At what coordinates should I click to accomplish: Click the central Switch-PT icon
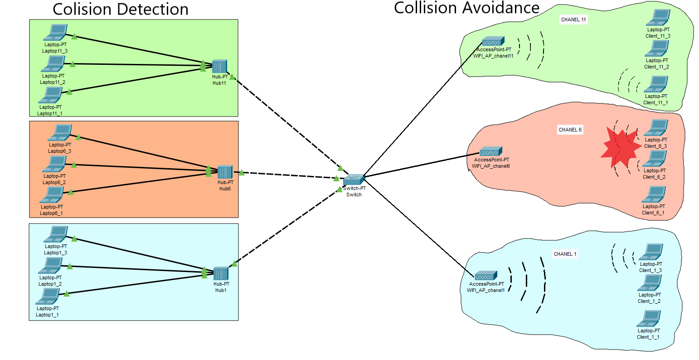(354, 179)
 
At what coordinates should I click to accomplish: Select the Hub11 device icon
(219, 67)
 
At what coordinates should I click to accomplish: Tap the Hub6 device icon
(225, 172)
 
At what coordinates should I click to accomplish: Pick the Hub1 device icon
(221, 274)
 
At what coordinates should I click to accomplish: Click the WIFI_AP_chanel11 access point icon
(493, 42)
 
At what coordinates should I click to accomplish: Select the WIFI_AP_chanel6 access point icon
(491, 151)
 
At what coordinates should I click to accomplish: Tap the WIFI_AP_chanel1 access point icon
(486, 276)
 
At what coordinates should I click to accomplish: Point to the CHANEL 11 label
(573, 19)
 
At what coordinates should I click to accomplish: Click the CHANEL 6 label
(570, 130)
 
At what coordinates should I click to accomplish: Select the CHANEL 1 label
(565, 254)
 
